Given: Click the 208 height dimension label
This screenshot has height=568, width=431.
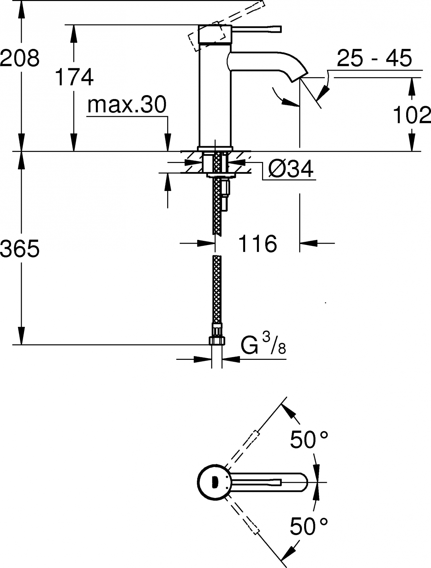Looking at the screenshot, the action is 20,58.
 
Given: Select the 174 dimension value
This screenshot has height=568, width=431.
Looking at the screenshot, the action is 74,77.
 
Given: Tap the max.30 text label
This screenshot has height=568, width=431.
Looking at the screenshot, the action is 127,104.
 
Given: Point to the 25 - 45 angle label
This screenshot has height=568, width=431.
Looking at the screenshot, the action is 374,58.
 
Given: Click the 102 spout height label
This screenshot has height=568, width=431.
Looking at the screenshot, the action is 412,115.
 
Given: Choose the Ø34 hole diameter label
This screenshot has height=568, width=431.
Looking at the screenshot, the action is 291,169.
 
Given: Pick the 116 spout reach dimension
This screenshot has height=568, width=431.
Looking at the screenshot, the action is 258,244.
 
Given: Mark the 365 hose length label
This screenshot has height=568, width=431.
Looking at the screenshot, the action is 20,248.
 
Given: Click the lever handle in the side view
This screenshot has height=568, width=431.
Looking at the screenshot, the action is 256,29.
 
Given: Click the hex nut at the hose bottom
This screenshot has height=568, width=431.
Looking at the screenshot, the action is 217,341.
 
